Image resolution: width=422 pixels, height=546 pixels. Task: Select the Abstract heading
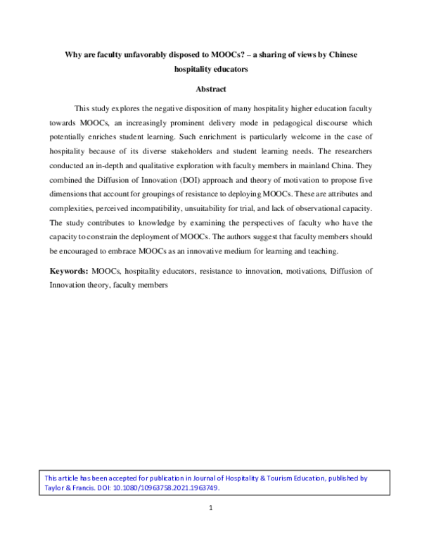[x=211, y=89]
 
